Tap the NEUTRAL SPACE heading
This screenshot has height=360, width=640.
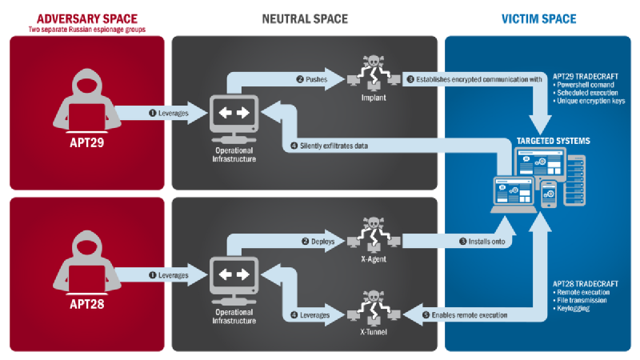pos(305,18)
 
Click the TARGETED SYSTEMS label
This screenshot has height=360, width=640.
pos(559,140)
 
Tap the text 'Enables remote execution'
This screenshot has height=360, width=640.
pos(470,315)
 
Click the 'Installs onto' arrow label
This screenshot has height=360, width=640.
pos(482,241)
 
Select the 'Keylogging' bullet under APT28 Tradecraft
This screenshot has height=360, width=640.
pos(574,308)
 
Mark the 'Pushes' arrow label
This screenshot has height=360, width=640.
pos(312,80)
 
